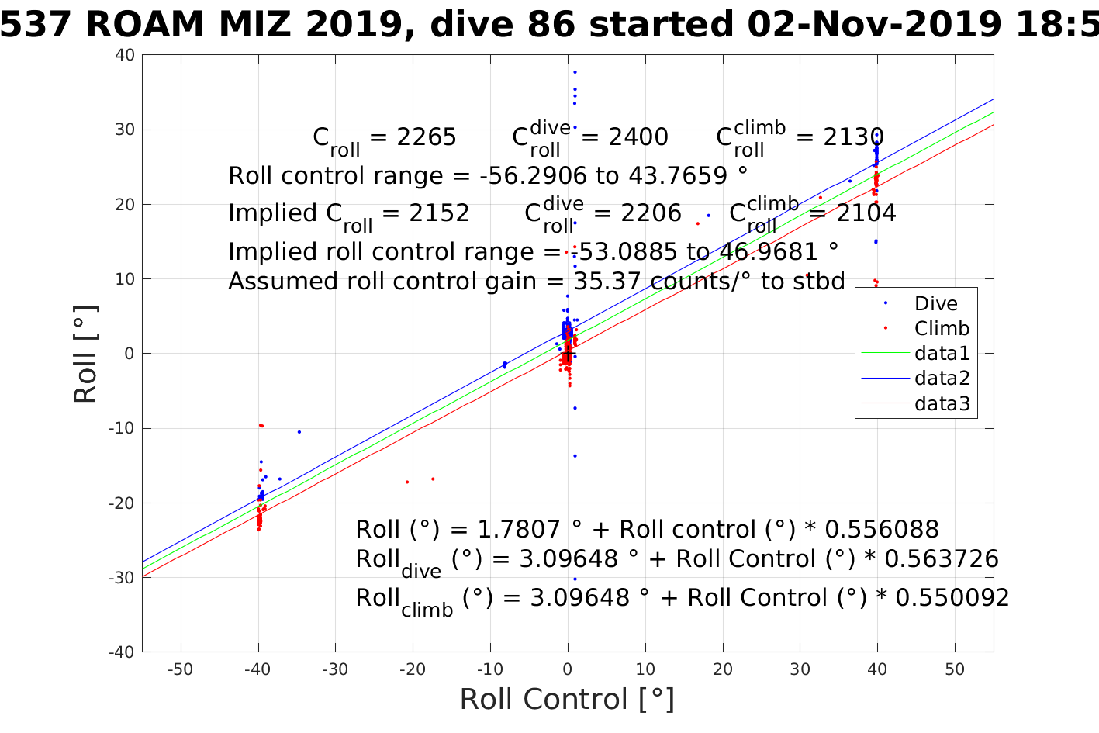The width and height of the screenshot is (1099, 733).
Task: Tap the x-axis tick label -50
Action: pyautogui.click(x=180, y=669)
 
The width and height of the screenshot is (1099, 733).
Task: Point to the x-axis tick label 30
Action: pyautogui.click(x=800, y=669)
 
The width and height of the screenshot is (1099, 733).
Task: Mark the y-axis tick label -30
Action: pyautogui.click(x=123, y=578)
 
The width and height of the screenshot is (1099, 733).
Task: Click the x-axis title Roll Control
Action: pyautogui.click(x=567, y=700)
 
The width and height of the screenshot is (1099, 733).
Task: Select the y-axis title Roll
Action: pyautogui.click(x=85, y=354)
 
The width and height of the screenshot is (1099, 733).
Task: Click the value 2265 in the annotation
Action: pyautogui.click(x=426, y=137)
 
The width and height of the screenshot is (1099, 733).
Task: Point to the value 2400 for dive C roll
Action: pyautogui.click(x=638, y=137)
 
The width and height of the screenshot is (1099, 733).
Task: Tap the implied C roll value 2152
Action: pyautogui.click(x=439, y=213)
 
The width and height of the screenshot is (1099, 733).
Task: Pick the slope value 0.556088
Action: pyautogui.click(x=882, y=530)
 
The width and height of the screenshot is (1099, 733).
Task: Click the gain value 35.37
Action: pyautogui.click(x=605, y=282)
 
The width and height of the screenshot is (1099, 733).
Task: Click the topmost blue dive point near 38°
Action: pyautogui.click(x=575, y=72)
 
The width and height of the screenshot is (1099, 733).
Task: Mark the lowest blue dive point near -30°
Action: pyautogui.click(x=575, y=579)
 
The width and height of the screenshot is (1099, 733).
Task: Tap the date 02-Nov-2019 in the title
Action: pyautogui.click(x=874, y=25)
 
